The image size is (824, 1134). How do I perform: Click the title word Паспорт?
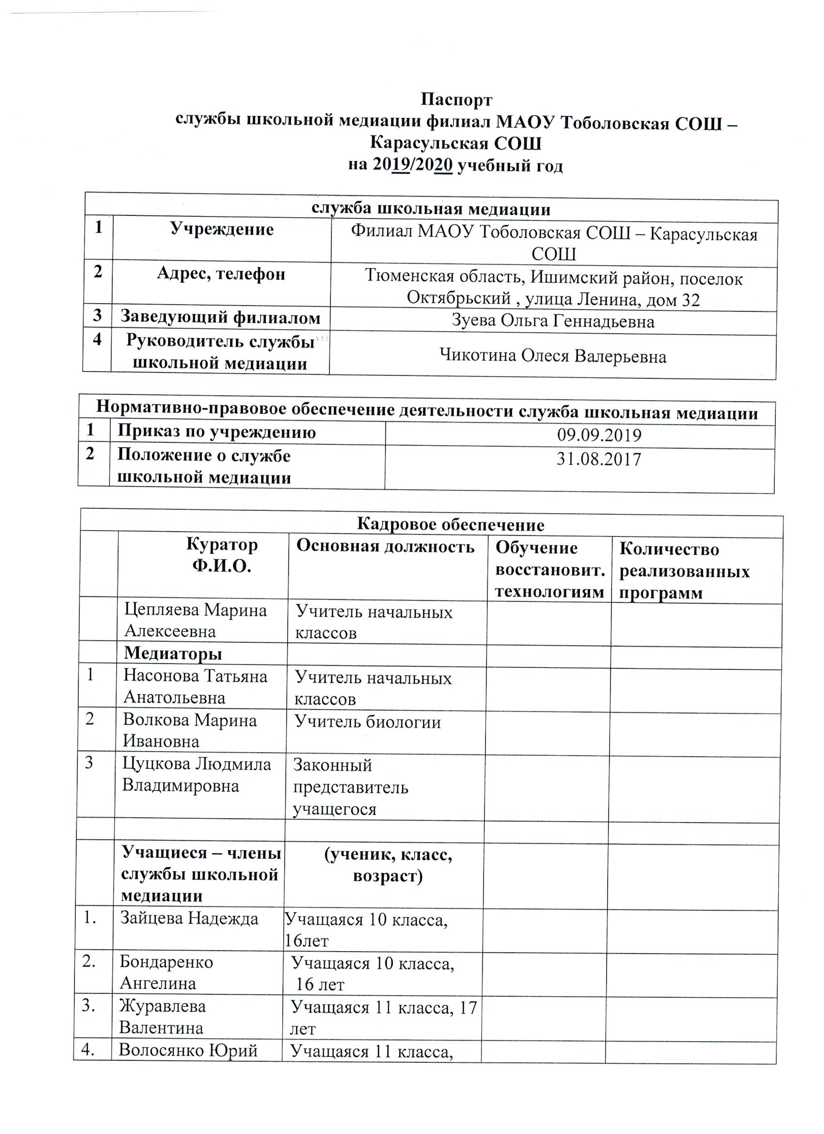pyautogui.click(x=456, y=100)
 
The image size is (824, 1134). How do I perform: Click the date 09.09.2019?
pyautogui.click(x=599, y=436)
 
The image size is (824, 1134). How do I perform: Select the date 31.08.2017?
pyautogui.click(x=599, y=459)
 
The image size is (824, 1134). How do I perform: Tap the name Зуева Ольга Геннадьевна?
pyautogui.click(x=553, y=321)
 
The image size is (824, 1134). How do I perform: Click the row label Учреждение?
pyautogui.click(x=222, y=229)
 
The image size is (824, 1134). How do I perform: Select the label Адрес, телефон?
pyautogui.click(x=221, y=274)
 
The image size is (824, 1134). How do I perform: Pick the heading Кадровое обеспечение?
pyautogui.click(x=450, y=524)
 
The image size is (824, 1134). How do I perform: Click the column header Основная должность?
pyautogui.click(x=385, y=547)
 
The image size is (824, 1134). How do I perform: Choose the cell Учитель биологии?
pyautogui.click(x=367, y=722)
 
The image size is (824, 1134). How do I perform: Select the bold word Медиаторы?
pyautogui.click(x=173, y=653)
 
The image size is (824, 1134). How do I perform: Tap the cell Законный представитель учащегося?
pyautogui.click(x=350, y=787)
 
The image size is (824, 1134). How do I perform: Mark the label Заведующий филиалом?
pyautogui.click(x=221, y=318)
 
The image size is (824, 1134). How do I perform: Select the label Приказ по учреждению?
pyautogui.click(x=216, y=432)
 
